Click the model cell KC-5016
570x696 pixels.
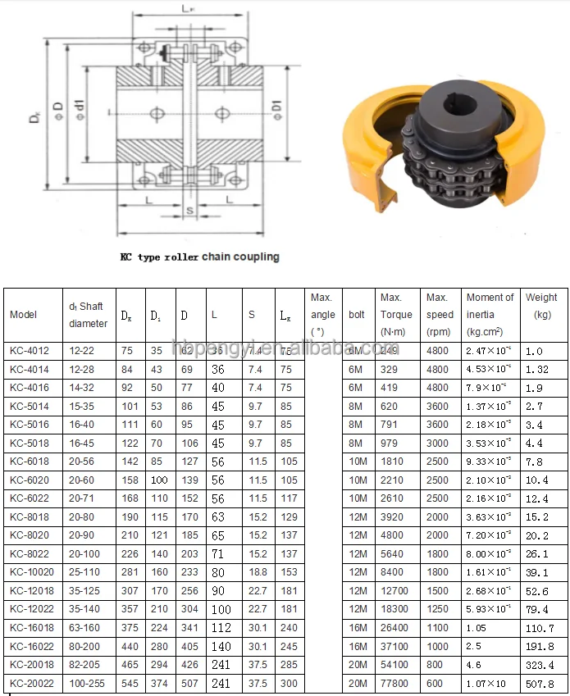click(x=29, y=425)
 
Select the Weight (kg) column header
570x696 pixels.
click(x=540, y=306)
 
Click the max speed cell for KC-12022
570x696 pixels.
click(x=438, y=609)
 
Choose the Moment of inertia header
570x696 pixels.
click(x=490, y=315)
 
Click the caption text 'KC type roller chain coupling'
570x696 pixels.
click(x=199, y=257)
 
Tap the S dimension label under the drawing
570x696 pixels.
click(x=190, y=211)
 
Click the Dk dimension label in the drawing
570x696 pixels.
click(x=34, y=116)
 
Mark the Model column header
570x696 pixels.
click(x=24, y=315)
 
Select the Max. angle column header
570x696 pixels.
click(x=322, y=315)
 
